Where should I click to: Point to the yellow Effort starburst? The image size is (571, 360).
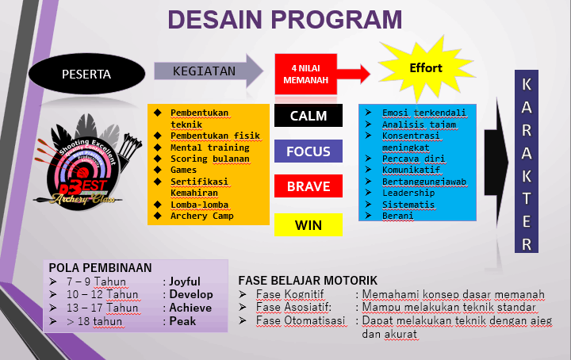tap(426, 68)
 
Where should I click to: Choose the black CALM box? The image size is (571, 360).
tap(308, 116)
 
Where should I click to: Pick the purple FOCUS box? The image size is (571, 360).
tap(308, 151)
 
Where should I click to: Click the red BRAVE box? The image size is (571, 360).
tap(308, 187)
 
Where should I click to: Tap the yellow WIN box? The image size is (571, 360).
tap(308, 225)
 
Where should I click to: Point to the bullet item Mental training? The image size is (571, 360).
tap(209, 147)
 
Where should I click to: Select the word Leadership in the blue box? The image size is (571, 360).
tap(408, 193)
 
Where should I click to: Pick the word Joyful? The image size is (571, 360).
tap(184, 281)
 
